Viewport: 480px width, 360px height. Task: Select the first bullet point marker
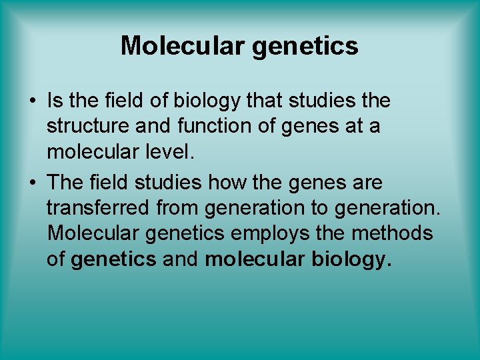32,102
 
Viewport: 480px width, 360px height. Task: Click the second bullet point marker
32,182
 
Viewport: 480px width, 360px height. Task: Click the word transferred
98,207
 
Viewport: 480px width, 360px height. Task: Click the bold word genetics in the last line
113,260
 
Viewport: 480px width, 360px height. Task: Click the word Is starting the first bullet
55,101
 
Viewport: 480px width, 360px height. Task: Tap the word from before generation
178,207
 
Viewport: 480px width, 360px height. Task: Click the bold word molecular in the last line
255,260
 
